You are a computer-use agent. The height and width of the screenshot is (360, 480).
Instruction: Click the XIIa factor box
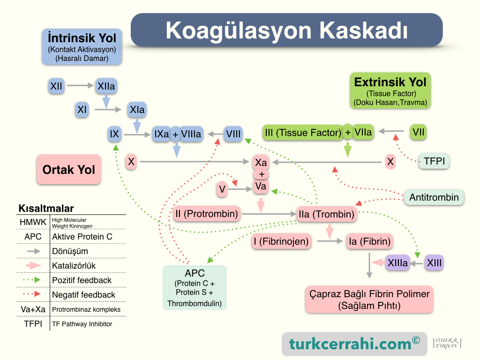pos(106,86)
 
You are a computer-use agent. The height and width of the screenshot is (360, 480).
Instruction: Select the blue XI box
pos(82,110)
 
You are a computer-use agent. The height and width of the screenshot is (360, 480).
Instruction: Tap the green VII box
pos(418,132)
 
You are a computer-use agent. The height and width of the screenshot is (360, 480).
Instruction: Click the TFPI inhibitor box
pos(434,161)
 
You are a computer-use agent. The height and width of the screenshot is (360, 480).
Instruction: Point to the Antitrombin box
pos(434,197)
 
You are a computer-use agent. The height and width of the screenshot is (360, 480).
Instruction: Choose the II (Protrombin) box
pos(207,214)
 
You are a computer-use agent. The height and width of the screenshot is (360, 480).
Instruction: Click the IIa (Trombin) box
pos(326,214)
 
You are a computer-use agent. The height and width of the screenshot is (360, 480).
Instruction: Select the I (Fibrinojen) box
pos(281,241)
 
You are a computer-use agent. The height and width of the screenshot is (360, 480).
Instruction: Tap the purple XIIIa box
pos(397,263)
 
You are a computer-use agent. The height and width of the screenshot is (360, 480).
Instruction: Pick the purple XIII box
pos(434,263)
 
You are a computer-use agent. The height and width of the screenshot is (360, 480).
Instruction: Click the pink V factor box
pos(222,189)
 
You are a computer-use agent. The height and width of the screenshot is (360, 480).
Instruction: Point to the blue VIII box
pos(233,134)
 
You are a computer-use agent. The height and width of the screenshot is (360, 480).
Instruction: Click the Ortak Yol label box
pos(69,169)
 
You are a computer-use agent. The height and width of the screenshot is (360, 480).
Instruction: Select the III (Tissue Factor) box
pos(303,133)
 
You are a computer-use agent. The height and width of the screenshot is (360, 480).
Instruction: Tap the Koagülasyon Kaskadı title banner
pos(286,30)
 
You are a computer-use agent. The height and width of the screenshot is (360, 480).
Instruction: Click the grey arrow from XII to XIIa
pos(80,85)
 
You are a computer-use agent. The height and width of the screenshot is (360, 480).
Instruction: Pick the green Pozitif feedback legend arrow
pos(32,280)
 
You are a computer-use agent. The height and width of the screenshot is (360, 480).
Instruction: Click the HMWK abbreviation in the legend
pos(33,222)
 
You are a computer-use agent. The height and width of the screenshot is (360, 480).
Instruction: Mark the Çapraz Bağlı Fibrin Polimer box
pos(369,300)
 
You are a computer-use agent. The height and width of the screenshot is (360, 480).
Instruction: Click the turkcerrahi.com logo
pos(354,344)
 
